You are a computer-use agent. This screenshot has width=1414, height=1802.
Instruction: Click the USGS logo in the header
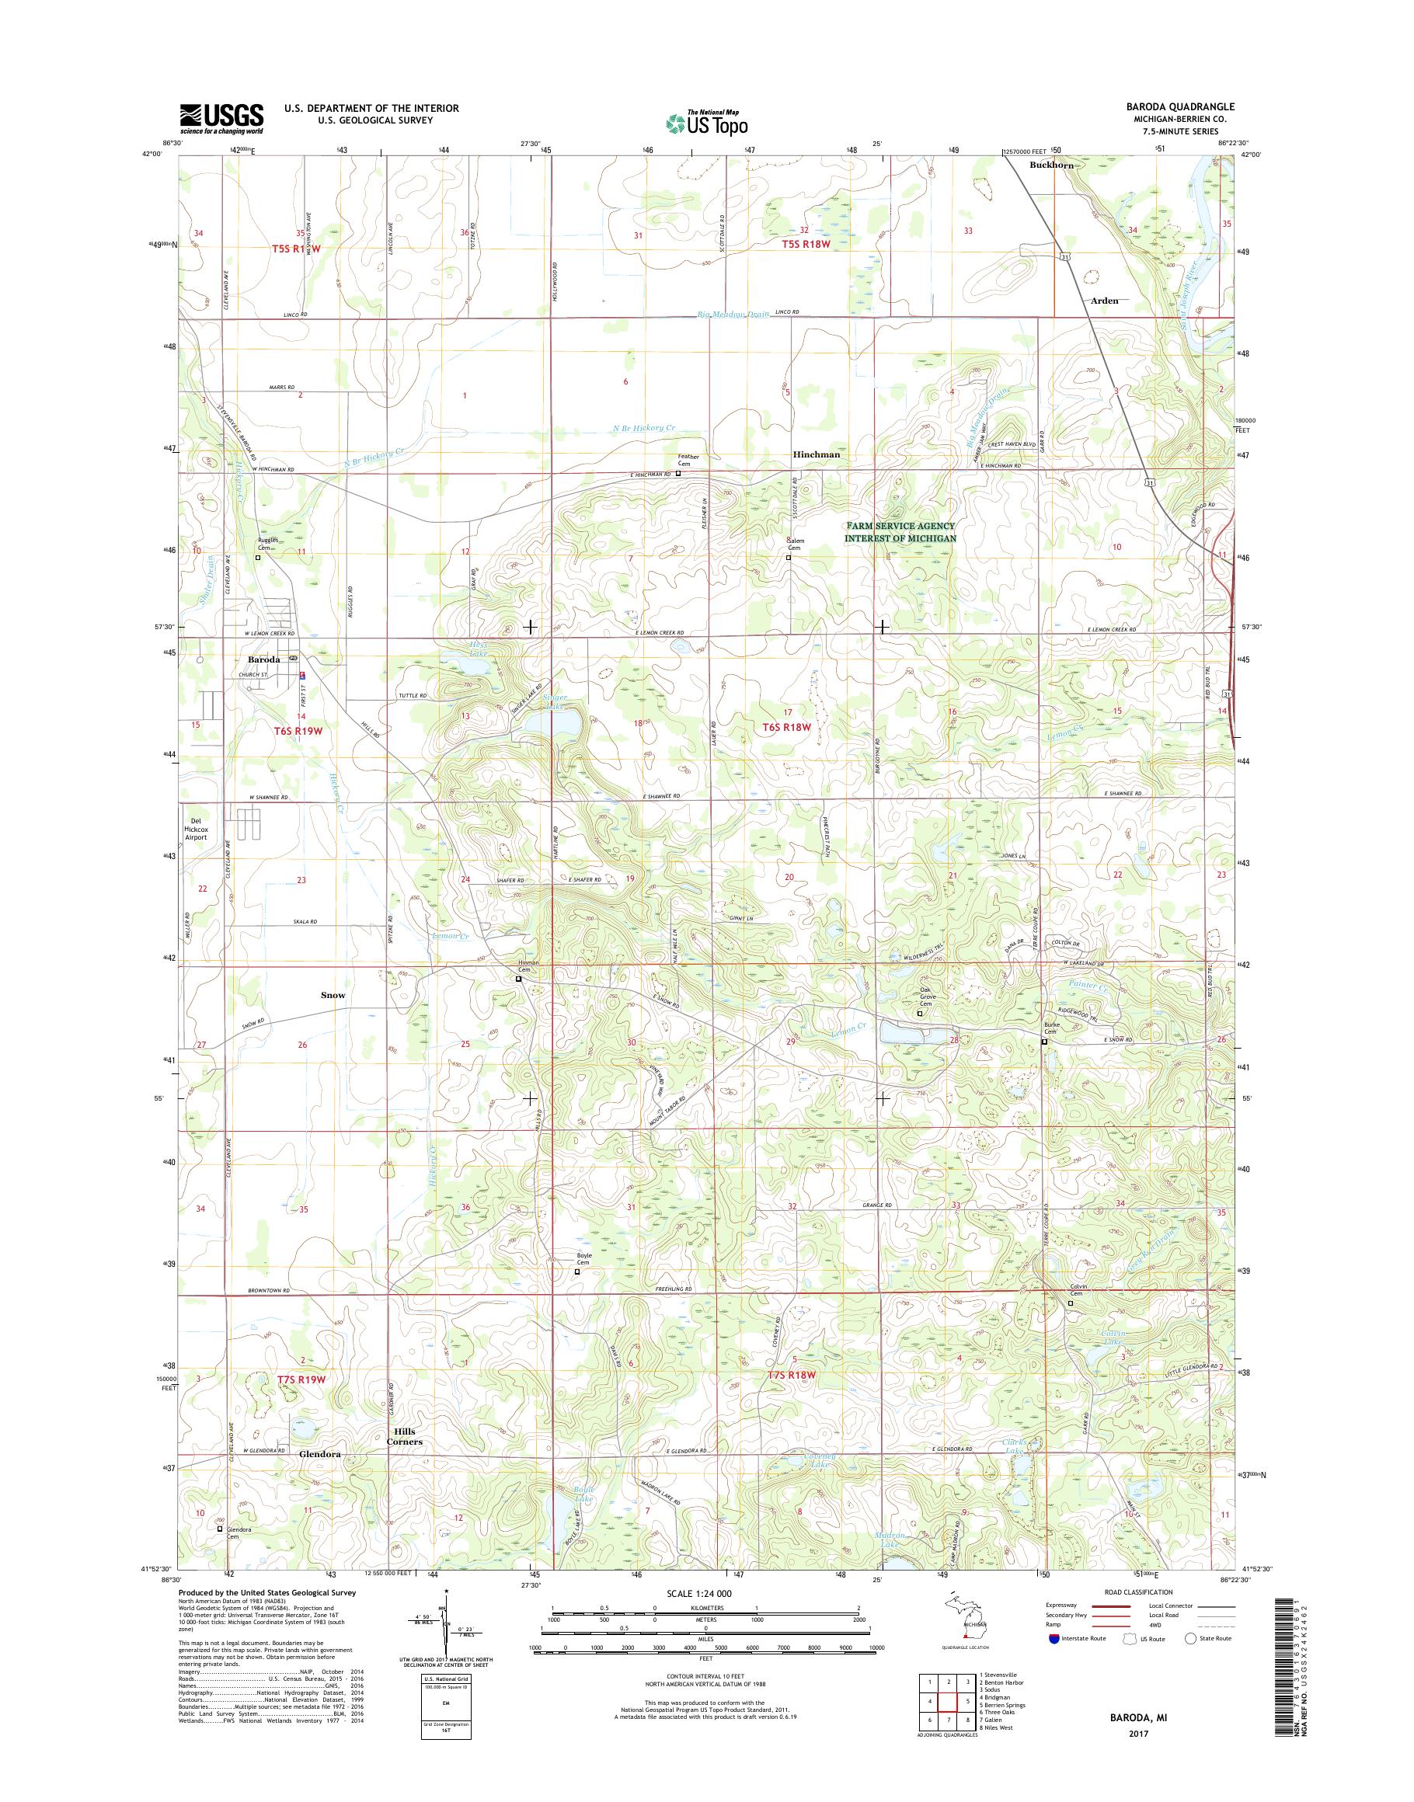(222, 118)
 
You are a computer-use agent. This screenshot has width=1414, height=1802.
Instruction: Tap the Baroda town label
(263, 659)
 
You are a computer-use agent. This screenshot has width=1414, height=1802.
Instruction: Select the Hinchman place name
(816, 454)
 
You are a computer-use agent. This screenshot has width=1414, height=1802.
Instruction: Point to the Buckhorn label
(1051, 165)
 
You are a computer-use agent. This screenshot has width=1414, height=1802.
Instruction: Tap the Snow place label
(333, 995)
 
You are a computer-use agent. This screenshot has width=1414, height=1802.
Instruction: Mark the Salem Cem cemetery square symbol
(788, 558)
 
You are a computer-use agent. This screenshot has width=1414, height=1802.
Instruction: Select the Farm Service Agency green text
(900, 531)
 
